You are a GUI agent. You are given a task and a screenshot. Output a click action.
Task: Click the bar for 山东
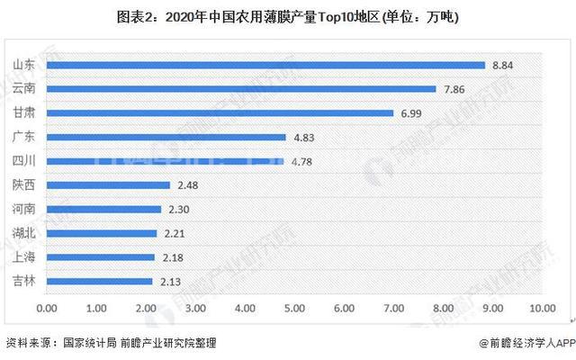(265, 66)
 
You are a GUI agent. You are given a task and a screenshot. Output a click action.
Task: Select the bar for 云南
(241, 89)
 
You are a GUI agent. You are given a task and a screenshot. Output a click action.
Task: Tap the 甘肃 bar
(220, 113)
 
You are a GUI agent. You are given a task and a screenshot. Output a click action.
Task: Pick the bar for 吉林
(99, 281)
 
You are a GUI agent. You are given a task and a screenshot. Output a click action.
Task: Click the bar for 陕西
(108, 185)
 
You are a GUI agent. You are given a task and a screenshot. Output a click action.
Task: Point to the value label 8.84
(501, 66)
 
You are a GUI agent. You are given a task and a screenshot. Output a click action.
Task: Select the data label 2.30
(177, 210)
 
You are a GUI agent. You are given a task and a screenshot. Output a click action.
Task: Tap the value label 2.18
(171, 257)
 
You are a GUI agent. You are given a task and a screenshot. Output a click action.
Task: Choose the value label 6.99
(409, 113)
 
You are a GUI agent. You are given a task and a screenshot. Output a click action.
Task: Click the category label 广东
(24, 138)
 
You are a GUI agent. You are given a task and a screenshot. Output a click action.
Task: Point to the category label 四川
(24, 162)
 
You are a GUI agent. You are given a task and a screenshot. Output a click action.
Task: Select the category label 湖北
(24, 233)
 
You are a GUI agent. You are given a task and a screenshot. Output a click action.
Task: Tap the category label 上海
(24, 257)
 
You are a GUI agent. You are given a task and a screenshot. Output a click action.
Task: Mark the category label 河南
(24, 210)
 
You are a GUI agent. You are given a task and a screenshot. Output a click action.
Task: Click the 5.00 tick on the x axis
(293, 308)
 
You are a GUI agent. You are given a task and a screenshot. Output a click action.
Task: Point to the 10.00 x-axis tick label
(541, 308)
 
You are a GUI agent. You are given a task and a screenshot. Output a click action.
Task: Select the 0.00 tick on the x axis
(47, 308)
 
